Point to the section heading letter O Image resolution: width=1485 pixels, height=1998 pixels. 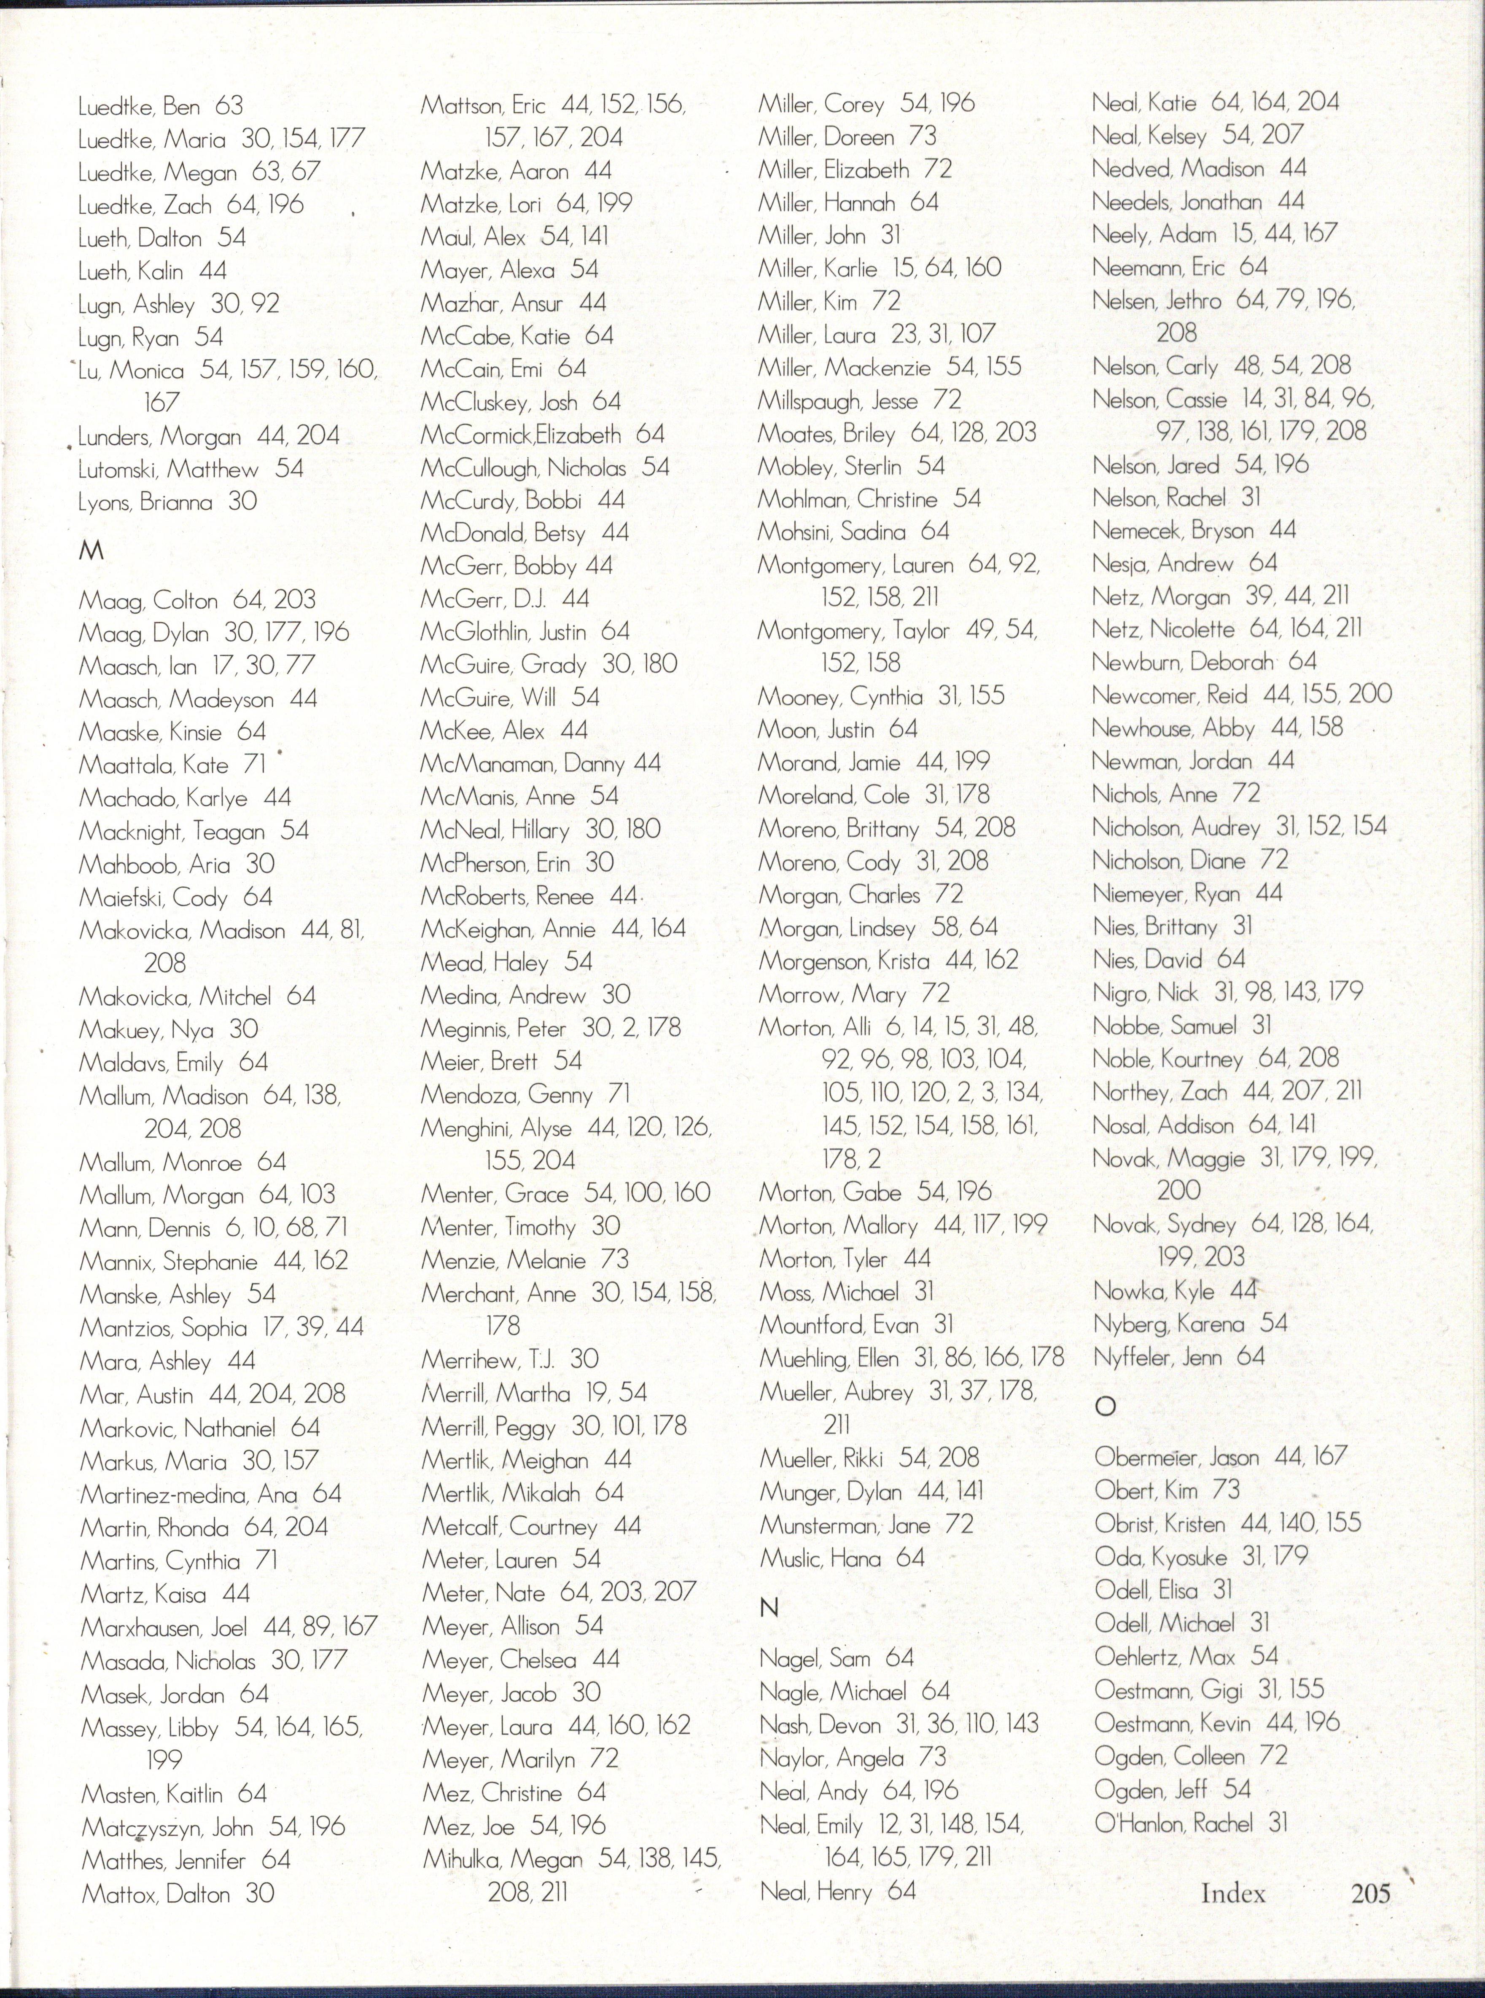pyautogui.click(x=1105, y=1407)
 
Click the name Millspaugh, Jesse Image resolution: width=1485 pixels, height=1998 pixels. pyautogui.click(x=838, y=400)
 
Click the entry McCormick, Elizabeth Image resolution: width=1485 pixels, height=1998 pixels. pyautogui.click(x=522, y=435)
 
